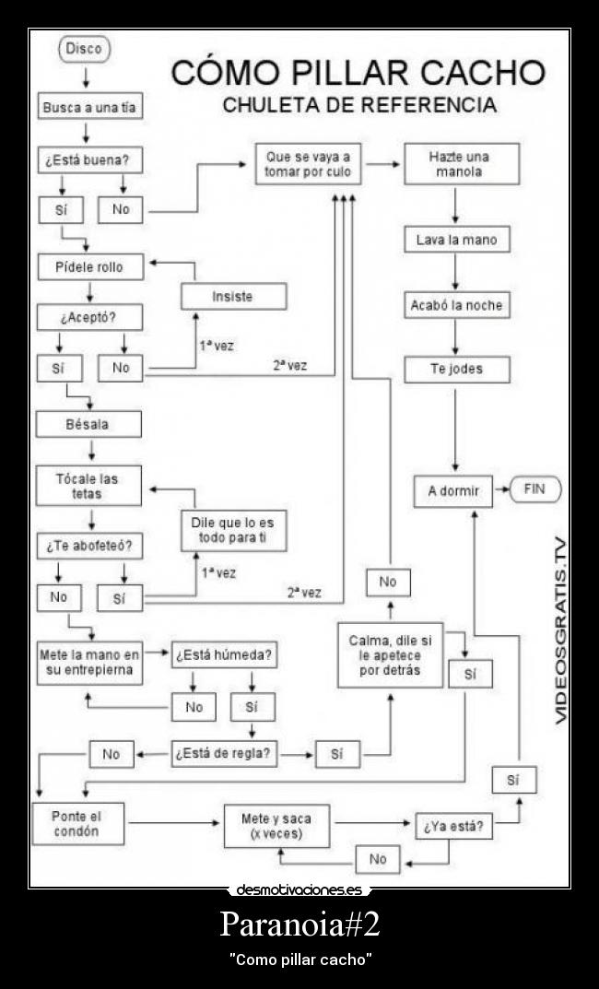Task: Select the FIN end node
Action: coord(534,489)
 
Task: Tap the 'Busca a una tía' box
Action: coord(88,107)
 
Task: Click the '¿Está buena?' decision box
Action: coord(88,159)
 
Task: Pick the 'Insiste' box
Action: coord(232,296)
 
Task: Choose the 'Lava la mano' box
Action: coord(456,240)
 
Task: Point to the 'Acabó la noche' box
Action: coord(456,304)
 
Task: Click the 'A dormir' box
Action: coord(454,491)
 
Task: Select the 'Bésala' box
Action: coord(88,424)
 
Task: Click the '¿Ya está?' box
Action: coord(454,826)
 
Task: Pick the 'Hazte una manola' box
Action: coord(458,164)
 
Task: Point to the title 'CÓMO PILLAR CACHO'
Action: coord(358,73)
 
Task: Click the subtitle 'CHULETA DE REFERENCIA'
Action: coord(359,105)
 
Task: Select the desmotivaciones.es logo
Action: coord(299,889)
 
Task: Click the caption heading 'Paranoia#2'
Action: coord(299,924)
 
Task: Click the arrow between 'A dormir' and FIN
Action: coord(502,490)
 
